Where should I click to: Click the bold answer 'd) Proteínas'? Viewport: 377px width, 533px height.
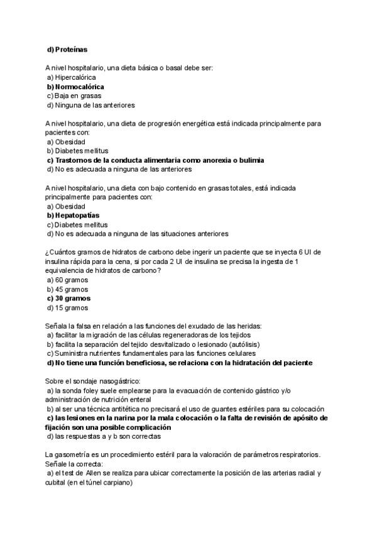(68, 49)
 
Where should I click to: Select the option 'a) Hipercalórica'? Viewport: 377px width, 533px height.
(71, 77)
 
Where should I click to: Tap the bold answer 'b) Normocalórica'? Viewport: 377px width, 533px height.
(75, 87)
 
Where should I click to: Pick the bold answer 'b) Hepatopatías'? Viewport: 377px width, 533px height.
(73, 216)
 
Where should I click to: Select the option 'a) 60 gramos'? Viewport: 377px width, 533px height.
(68, 280)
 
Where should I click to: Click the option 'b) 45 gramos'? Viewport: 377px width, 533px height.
(68, 290)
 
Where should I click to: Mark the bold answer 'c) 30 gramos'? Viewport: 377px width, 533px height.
(68, 299)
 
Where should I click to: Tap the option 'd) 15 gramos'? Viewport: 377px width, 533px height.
(68, 309)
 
